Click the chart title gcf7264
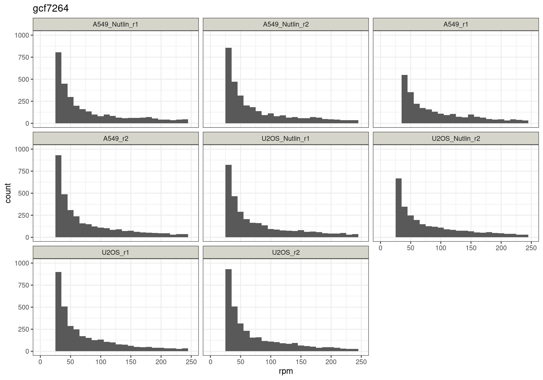(x=51, y=9)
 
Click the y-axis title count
(x=8, y=193)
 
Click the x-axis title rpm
(x=286, y=371)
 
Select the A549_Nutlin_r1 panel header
(x=116, y=24)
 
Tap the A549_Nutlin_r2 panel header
(x=286, y=24)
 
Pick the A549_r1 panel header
(x=456, y=24)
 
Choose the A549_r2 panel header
(x=116, y=139)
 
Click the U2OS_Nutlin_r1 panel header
(x=286, y=139)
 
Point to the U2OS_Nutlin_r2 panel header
(x=456, y=139)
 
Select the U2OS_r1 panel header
(x=116, y=252)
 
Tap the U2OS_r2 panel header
(x=286, y=252)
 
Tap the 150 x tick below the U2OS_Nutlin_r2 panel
(x=471, y=248)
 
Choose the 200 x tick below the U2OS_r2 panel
(x=331, y=362)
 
